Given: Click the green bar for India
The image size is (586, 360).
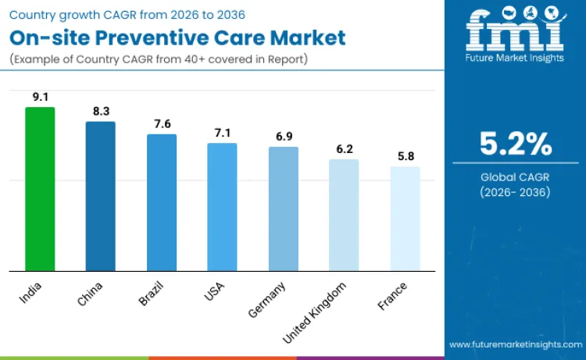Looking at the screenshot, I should click(40, 189).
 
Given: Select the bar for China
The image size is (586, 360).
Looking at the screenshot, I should click(100, 196).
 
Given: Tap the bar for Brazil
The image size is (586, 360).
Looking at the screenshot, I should click(162, 202).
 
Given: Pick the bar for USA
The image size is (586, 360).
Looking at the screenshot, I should click(222, 207).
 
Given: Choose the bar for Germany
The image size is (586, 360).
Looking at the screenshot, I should click(283, 209).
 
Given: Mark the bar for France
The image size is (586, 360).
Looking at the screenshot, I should click(405, 219).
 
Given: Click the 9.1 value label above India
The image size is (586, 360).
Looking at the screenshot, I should click(40, 97).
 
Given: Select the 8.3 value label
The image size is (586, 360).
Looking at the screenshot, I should click(100, 112).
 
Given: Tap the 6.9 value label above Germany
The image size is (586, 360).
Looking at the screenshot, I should click(283, 137).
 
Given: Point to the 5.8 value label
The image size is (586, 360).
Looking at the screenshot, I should click(405, 156).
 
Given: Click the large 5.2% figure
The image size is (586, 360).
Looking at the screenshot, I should click(516, 144).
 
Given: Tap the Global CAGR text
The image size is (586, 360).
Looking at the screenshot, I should click(516, 177).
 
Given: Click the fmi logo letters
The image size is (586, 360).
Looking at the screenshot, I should click(515, 30).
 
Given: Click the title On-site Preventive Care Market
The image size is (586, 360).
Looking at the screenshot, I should click(178, 38).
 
